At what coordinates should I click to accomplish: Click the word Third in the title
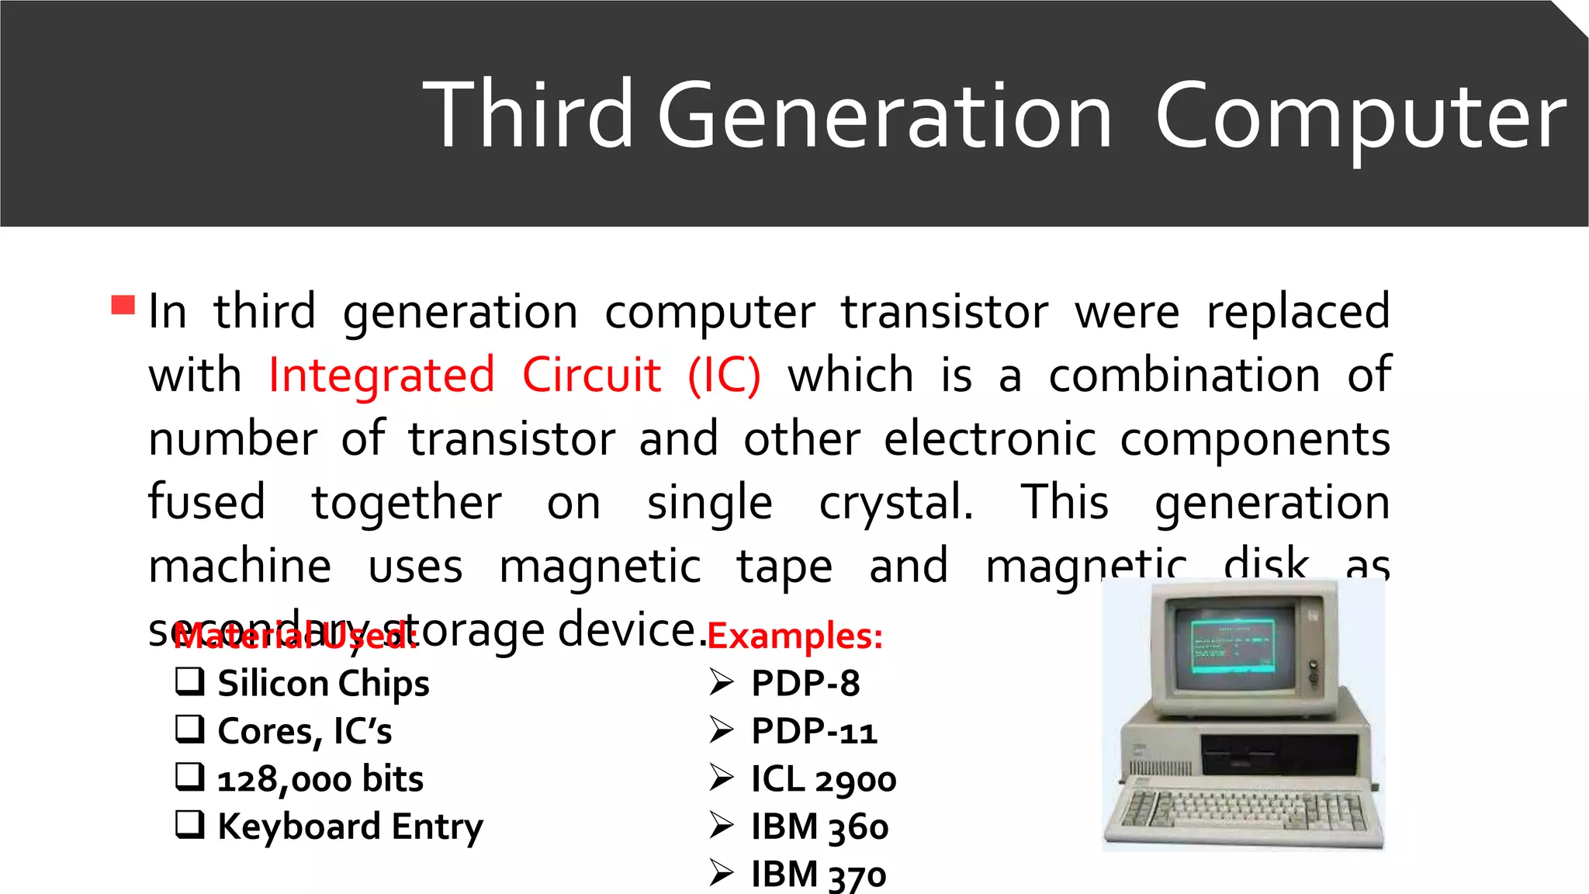(528, 115)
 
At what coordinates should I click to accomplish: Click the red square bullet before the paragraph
(123, 304)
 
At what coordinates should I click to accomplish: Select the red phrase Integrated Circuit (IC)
(514, 376)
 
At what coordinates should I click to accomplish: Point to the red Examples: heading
(795, 636)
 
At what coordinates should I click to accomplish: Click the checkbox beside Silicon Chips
(190, 681)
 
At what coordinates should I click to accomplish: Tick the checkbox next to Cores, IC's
(190, 729)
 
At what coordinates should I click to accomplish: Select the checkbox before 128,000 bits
(190, 776)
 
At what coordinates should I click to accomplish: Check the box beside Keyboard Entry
(190, 824)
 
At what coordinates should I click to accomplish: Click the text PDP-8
(805, 684)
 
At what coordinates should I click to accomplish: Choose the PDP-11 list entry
(814, 731)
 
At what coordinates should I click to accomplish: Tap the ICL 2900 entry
(823, 779)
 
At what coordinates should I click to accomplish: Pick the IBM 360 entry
(819, 826)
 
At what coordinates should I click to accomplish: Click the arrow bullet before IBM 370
(722, 873)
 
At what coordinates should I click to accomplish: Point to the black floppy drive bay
(1279, 754)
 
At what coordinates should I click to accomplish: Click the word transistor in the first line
(945, 312)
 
